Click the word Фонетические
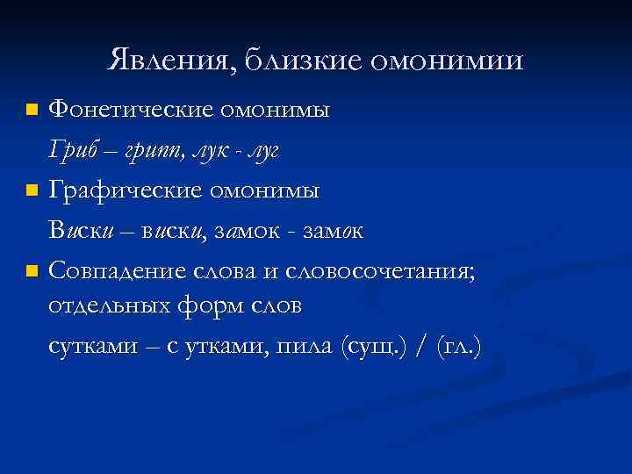click(131, 111)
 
